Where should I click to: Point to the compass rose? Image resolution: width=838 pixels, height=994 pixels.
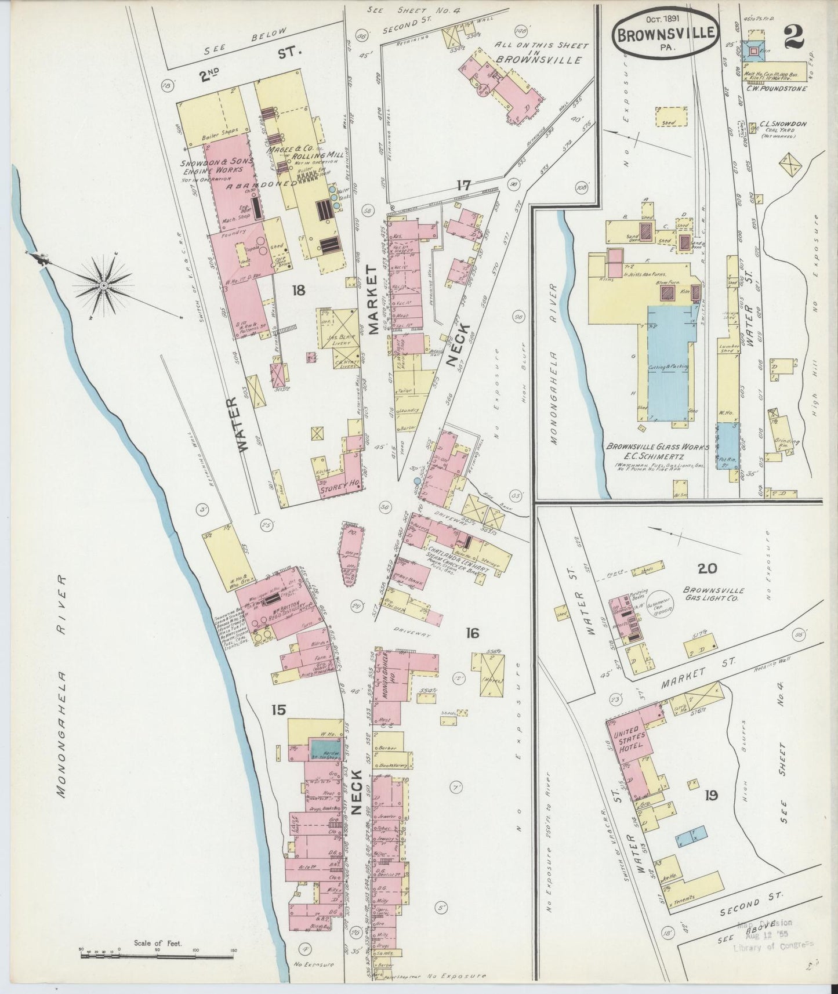pos(103,284)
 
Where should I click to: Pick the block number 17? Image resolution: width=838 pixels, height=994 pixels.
pos(463,186)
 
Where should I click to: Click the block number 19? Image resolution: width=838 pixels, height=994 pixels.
pos(710,795)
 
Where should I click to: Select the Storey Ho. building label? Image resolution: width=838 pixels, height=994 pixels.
pos(338,488)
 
